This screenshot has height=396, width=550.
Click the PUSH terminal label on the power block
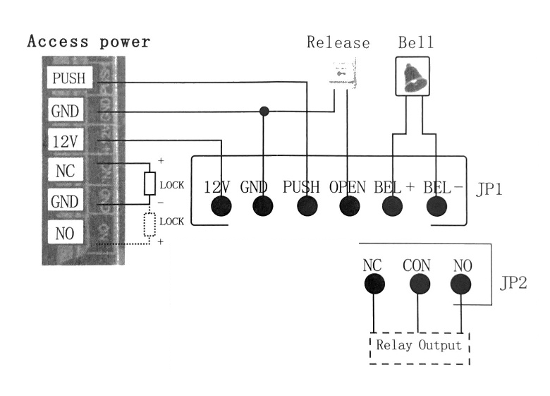coord(68,78)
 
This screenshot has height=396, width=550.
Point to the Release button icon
coord(343,75)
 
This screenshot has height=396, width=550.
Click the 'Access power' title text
coord(89,42)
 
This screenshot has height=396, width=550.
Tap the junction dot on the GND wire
coord(264,111)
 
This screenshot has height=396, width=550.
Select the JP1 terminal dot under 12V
coord(222,205)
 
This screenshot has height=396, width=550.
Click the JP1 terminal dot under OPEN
coord(347,205)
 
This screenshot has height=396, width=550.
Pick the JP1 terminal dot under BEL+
coord(392,205)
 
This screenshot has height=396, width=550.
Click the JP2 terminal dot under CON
coord(418,284)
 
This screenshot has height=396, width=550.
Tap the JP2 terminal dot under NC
coord(374,284)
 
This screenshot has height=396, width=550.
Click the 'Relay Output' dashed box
coord(420,346)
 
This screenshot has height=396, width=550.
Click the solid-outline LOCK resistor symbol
coord(149,184)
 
